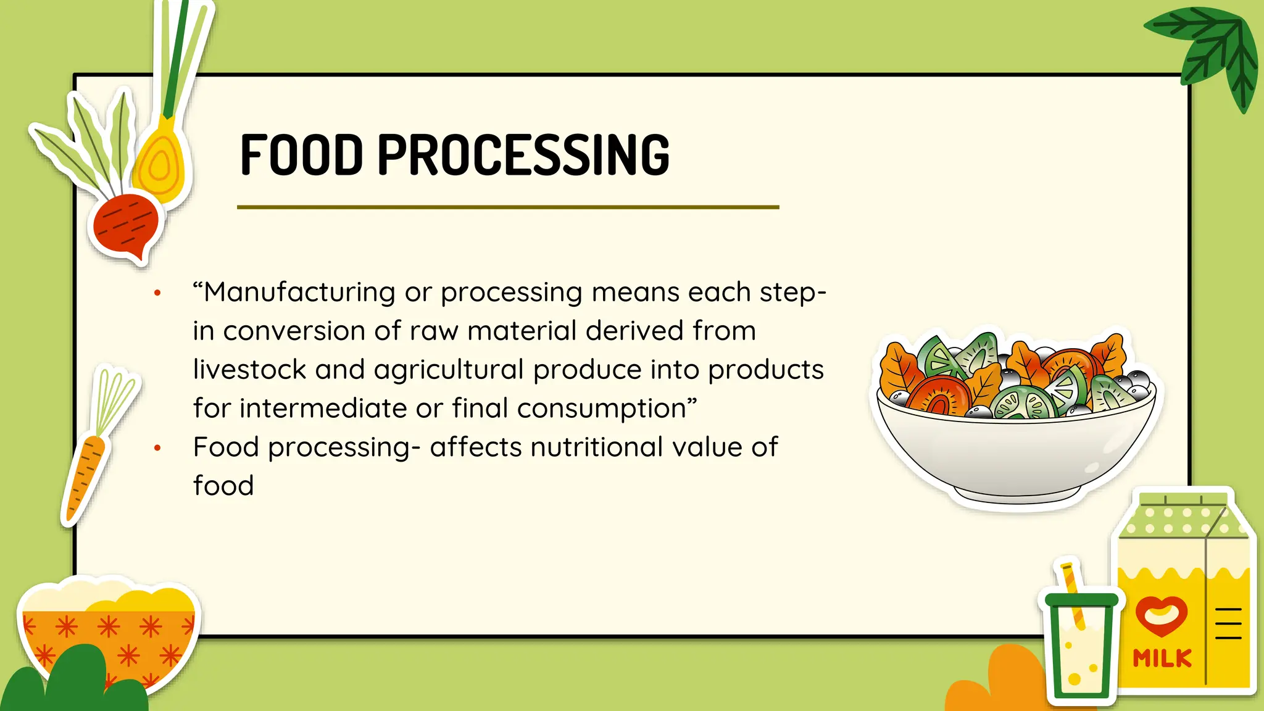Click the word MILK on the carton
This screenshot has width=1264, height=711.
(1162, 658)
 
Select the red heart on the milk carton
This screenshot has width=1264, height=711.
(1161, 615)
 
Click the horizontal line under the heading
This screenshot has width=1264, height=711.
(507, 207)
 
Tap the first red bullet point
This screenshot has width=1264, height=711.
(157, 293)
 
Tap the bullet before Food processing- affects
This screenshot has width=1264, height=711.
(157, 448)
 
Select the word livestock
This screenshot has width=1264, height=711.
(249, 370)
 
